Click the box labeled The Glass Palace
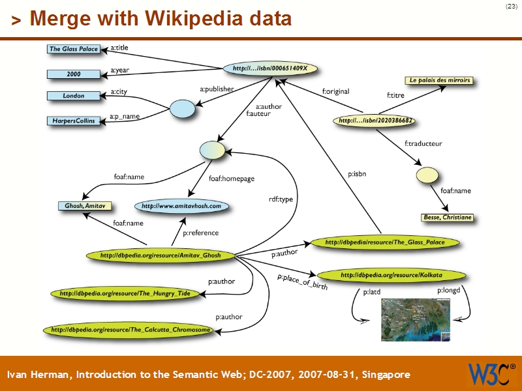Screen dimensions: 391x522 (74, 49)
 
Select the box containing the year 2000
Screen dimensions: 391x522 (74, 74)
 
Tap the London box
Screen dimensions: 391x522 (74, 96)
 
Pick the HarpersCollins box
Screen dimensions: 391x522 (74, 121)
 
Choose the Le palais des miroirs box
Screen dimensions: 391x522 (439, 81)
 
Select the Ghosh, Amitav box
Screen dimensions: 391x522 (84, 206)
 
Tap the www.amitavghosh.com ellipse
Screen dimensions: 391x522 (181, 206)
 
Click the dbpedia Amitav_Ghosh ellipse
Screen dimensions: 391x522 (161, 255)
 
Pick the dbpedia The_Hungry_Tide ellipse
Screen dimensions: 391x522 (125, 294)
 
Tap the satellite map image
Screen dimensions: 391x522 (416, 320)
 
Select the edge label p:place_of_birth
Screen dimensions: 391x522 (302, 281)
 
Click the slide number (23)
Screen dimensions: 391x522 (511, 7)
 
